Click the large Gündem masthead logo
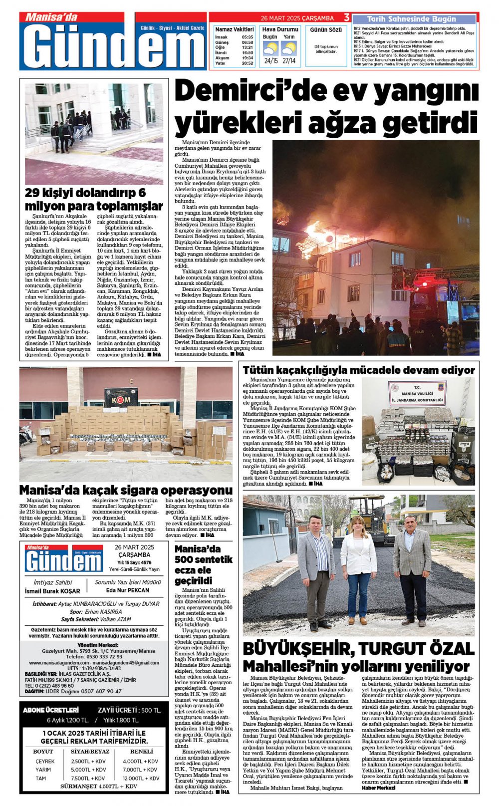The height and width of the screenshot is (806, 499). click(x=113, y=45)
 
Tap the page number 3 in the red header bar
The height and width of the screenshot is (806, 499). click(x=346, y=17)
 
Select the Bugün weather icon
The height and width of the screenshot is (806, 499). click(x=270, y=48)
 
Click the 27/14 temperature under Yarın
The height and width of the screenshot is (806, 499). click(x=288, y=61)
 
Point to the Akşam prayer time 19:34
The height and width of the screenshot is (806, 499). click(x=248, y=58)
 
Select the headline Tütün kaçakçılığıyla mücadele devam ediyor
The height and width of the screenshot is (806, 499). click(x=358, y=370)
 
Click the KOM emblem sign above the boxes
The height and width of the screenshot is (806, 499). click(x=121, y=397)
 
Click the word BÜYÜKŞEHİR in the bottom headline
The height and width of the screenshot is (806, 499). click(x=297, y=649)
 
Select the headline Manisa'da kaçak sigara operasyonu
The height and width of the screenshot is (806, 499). click(x=126, y=490)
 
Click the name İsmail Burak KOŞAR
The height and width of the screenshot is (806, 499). click(x=52, y=591)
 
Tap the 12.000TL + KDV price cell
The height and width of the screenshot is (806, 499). click(x=140, y=778)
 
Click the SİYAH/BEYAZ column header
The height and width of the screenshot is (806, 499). click(x=90, y=751)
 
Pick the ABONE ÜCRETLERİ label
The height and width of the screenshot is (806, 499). click(x=51, y=710)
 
